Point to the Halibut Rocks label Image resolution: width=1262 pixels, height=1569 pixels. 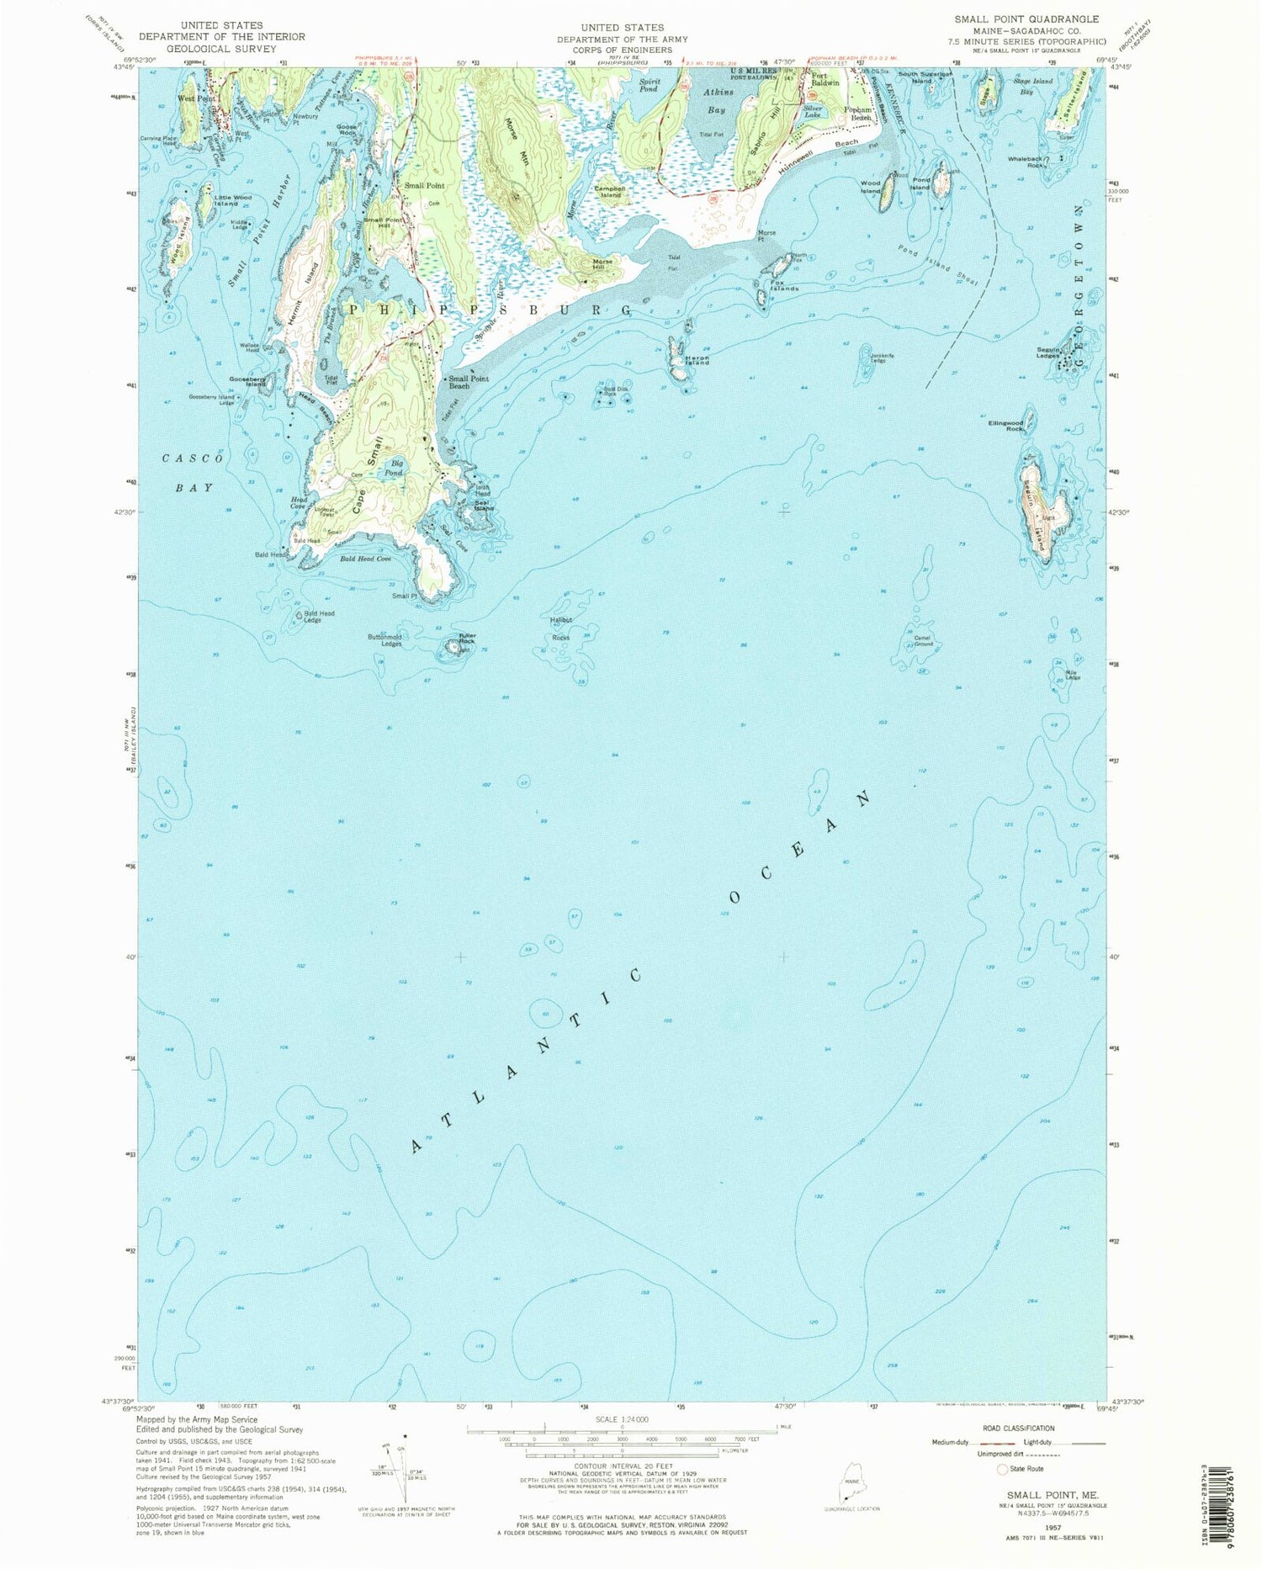pos(560,628)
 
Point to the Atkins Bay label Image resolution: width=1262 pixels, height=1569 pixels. pos(718,100)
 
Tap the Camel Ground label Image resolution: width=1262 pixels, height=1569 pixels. pos(924,641)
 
